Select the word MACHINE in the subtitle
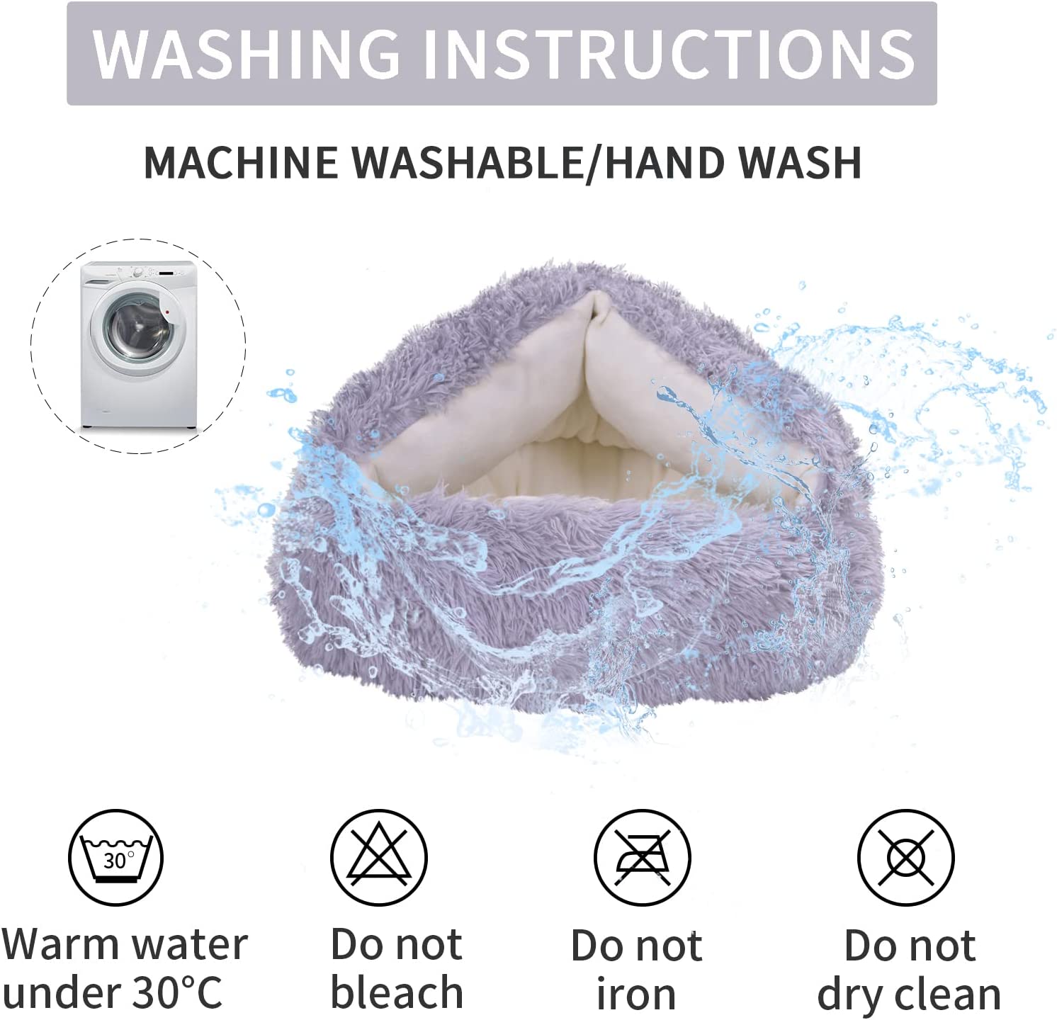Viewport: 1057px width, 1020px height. point(241,162)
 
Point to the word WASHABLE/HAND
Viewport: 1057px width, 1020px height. point(540,162)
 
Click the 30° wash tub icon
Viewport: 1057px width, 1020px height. point(115,857)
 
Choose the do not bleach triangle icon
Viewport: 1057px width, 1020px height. point(379,857)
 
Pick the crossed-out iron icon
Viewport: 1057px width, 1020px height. point(642,857)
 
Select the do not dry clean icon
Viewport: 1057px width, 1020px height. point(906,857)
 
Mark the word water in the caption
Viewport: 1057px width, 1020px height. point(189,946)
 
